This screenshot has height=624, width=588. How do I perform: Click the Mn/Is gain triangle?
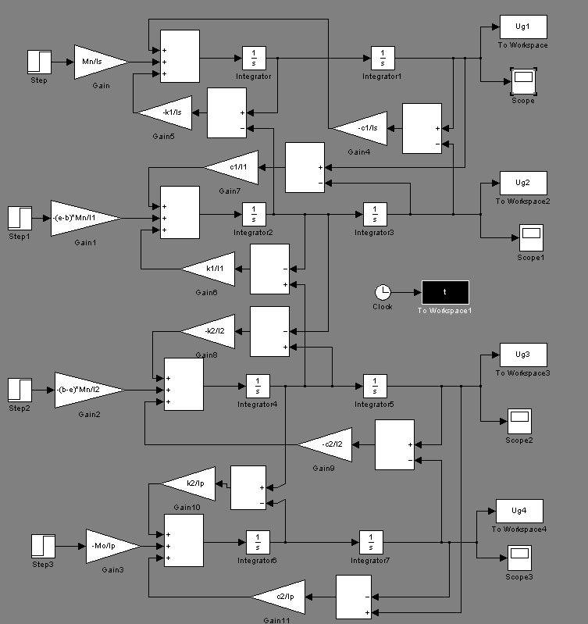[98, 60]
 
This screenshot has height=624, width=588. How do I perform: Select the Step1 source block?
[20, 217]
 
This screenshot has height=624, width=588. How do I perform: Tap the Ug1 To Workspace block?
[523, 27]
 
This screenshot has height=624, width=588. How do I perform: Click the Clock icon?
[383, 292]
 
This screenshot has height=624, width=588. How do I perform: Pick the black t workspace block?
[445, 292]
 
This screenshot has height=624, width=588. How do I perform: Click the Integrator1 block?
[383, 58]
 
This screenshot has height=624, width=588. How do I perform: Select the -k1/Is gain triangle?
[167, 112]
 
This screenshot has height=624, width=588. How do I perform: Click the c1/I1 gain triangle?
[233, 167]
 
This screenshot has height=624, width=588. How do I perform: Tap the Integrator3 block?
[375, 213]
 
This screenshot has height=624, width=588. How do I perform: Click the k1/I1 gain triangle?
[210, 269]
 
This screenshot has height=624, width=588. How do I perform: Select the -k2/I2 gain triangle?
[210, 331]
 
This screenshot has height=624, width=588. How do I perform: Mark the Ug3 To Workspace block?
[523, 355]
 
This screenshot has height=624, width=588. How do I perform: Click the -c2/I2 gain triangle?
[327, 444]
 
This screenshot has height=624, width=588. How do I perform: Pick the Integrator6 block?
[258, 541]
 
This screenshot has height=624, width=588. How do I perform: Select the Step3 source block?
[43, 545]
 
